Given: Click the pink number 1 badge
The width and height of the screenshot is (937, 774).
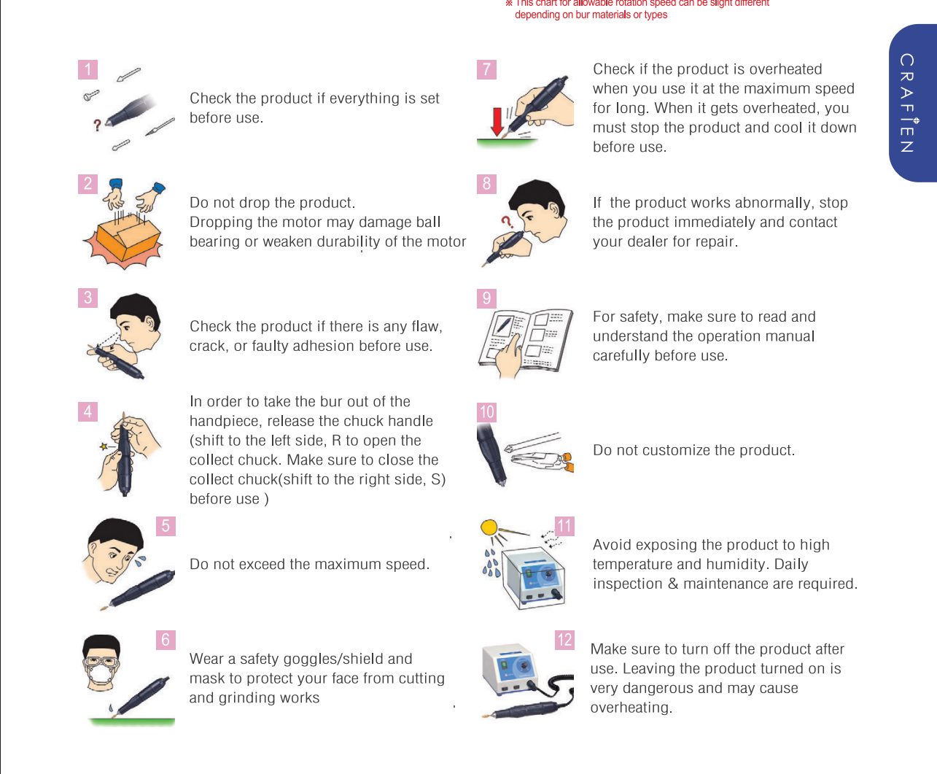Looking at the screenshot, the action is click(88, 69).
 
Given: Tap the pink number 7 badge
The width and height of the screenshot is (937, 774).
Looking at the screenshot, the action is click(486, 69).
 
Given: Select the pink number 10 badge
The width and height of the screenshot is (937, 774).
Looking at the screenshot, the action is click(486, 412).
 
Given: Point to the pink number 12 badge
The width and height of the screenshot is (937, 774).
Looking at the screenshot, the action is click(564, 640).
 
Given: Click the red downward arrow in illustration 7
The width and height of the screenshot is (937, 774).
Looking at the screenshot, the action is click(497, 121).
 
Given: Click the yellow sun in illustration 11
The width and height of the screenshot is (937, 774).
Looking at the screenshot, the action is click(489, 527).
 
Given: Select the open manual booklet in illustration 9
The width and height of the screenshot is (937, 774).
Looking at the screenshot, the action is click(526, 340).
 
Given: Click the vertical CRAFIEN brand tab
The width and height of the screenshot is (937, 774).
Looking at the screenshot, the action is click(913, 103).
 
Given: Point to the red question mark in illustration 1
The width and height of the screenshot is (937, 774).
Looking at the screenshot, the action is click(97, 125).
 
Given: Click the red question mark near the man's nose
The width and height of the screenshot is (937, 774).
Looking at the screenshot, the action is click(507, 221).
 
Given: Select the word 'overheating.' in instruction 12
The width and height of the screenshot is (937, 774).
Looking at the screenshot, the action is click(631, 707).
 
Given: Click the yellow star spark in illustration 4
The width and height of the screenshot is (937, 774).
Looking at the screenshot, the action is click(104, 446).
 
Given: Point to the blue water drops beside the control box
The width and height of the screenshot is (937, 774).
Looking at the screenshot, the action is click(491, 563).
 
